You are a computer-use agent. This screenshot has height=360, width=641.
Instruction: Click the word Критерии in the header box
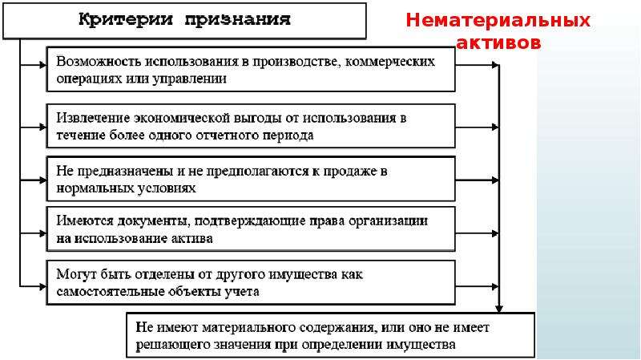[126, 19]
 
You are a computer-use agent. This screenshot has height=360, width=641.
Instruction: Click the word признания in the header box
[237, 20]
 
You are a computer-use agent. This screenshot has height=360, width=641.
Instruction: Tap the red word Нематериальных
[498, 21]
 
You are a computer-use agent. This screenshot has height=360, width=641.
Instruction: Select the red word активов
[498, 42]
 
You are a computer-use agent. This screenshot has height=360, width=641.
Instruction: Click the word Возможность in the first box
[99, 62]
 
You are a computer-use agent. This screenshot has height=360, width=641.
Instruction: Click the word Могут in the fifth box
[75, 274]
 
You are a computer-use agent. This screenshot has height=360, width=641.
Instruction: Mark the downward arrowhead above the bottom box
[498, 309]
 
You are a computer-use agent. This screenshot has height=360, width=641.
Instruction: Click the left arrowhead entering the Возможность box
[42, 65]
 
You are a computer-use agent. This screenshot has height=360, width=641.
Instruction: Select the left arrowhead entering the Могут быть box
[42, 286]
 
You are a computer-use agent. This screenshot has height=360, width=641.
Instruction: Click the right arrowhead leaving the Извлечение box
[495, 127]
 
